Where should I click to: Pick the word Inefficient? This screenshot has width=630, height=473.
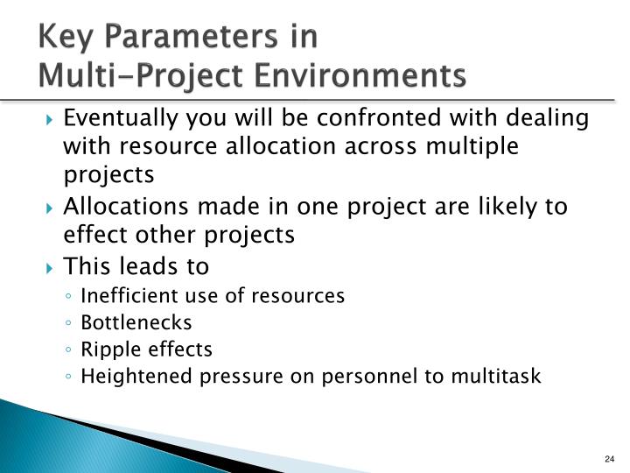(124, 296)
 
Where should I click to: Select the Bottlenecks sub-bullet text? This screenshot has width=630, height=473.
(136, 322)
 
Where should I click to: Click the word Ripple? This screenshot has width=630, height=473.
(107, 349)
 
